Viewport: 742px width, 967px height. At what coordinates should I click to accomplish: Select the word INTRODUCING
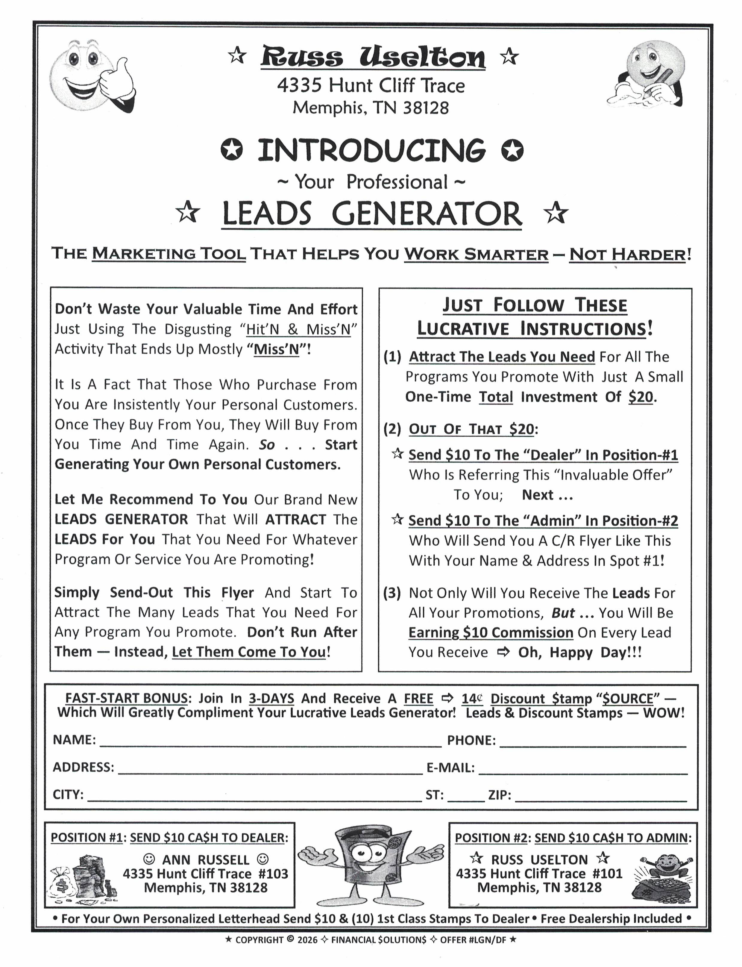click(x=371, y=150)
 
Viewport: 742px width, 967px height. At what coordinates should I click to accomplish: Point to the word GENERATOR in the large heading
click(x=427, y=214)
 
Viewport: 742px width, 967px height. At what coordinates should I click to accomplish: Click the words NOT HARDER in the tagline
click(x=627, y=255)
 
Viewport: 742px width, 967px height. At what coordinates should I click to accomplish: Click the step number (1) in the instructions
click(x=392, y=357)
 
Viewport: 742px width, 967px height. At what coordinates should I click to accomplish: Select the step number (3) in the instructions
click(x=392, y=593)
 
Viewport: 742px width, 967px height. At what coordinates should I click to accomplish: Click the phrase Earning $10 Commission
click(x=490, y=632)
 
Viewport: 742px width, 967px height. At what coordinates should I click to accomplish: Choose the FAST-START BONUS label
click(x=127, y=698)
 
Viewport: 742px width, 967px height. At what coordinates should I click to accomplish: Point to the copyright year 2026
click(x=307, y=940)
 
